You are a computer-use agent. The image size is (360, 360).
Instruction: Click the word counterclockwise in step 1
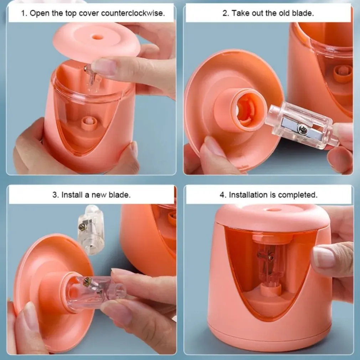(x=133, y=13)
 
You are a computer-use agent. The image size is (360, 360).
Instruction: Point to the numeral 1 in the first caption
(x=23, y=13)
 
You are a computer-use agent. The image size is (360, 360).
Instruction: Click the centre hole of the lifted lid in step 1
(x=97, y=37)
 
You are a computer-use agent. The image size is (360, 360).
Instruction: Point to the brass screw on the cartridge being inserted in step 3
(x=87, y=282)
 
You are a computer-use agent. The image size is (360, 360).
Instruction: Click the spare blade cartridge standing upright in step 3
(x=91, y=230)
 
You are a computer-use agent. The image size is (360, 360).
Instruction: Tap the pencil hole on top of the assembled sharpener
(x=275, y=210)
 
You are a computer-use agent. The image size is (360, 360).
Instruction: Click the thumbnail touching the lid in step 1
(x=104, y=67)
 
